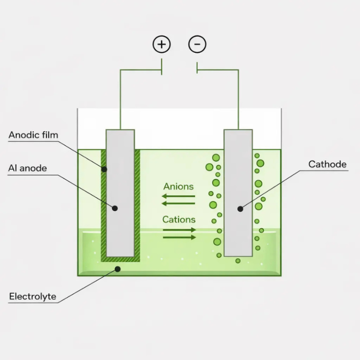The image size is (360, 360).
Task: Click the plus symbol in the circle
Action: point(161,45)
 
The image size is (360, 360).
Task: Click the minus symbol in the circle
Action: point(197,45)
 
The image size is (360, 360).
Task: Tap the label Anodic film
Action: point(34,135)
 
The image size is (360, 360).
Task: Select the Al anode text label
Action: point(27,168)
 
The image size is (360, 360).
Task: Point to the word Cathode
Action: point(327,164)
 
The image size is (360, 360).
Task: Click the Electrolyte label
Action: point(33,297)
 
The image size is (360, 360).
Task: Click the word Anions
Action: point(178,186)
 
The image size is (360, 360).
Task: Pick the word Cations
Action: point(179,219)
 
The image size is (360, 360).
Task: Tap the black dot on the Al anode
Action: point(115,208)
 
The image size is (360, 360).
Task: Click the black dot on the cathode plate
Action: point(240,208)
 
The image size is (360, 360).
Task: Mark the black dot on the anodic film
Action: point(104,169)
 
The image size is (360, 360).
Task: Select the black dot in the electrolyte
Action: point(117,269)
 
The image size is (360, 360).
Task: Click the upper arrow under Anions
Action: point(178,196)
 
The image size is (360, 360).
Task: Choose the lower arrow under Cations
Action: point(179,237)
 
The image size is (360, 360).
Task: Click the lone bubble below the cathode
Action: point(238,261)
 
